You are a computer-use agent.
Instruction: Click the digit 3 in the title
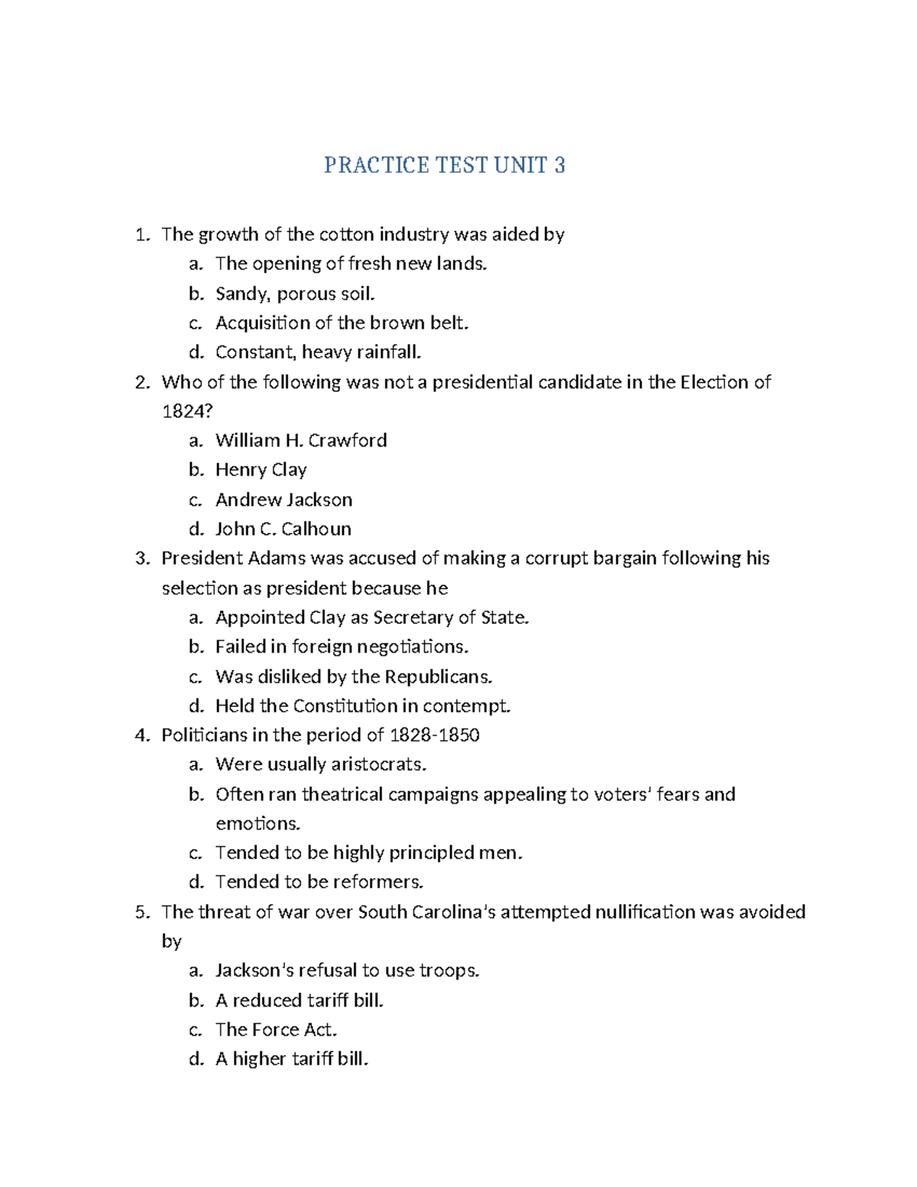[x=559, y=165]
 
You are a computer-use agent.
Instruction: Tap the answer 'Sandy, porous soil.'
[x=295, y=294]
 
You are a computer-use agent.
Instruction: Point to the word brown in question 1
[x=388, y=323]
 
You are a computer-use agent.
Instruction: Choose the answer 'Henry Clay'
[x=261, y=470]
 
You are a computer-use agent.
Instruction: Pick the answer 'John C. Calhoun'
[x=283, y=529]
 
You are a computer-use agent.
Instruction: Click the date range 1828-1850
[x=434, y=735]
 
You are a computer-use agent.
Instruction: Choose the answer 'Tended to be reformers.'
[x=319, y=882]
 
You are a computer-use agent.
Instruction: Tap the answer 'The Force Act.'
[x=276, y=1030]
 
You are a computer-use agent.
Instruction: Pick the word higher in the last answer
[x=259, y=1059]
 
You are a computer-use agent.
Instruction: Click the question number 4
[x=141, y=735]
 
